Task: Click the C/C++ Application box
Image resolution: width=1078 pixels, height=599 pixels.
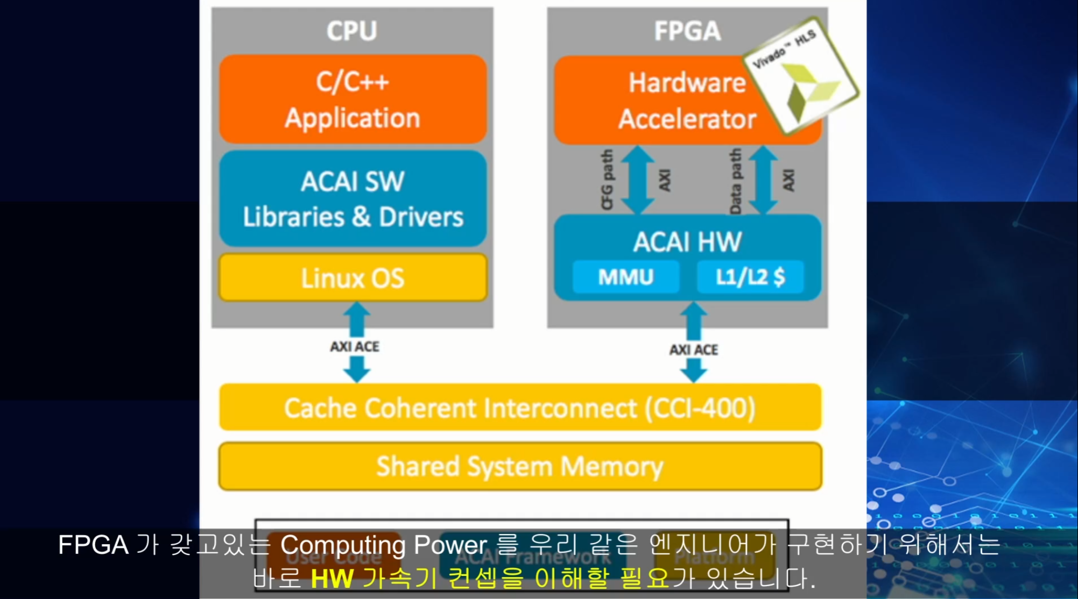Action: click(x=353, y=99)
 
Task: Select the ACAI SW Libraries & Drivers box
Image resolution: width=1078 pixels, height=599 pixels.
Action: click(x=353, y=198)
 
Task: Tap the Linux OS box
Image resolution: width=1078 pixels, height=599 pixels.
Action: click(x=353, y=277)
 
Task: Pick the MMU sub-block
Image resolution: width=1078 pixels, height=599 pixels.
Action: click(x=625, y=277)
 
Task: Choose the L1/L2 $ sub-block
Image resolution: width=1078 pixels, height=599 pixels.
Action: click(x=750, y=277)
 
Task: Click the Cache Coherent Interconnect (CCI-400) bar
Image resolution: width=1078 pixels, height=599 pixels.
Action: click(x=520, y=407)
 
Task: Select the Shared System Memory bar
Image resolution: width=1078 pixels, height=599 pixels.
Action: click(x=520, y=466)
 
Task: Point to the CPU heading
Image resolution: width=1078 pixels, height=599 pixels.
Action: click(x=352, y=31)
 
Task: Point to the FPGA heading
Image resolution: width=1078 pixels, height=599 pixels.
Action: click(x=687, y=31)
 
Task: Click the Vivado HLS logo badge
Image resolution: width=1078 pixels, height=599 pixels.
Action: click(x=801, y=75)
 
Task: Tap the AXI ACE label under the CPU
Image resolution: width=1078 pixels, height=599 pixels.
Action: click(x=355, y=347)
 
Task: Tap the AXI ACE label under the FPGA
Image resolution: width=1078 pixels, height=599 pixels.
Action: click(x=694, y=350)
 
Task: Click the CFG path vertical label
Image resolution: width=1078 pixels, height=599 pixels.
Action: click(x=607, y=179)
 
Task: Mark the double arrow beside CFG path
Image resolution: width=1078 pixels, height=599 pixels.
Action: click(x=638, y=180)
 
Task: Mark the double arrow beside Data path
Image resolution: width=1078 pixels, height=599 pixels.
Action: click(x=763, y=180)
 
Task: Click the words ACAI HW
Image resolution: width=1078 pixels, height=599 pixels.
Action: click(x=687, y=241)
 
